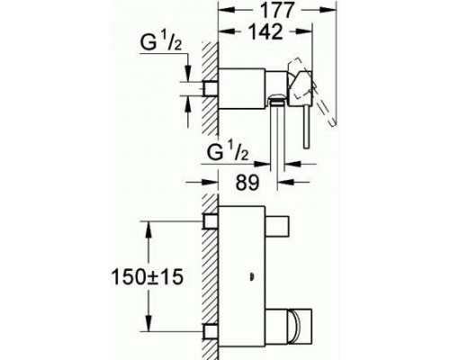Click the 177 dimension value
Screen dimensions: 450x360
pos(277,10)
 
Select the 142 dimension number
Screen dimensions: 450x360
pos(266,31)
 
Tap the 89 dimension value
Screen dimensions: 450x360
pos(247,182)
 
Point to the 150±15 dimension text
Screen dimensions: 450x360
pos(147,276)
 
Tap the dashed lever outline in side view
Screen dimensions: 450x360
pos(312,90)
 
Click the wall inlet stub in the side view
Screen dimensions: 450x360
pos(210,88)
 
